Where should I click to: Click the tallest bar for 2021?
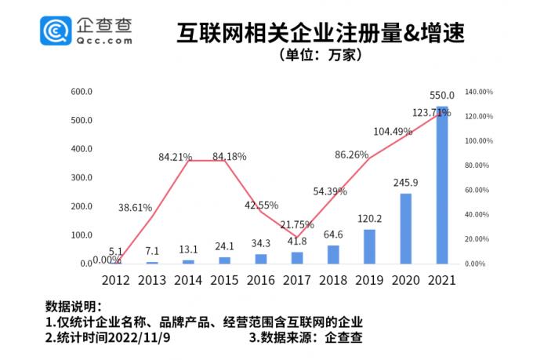(442, 185)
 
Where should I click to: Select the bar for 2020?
(405, 228)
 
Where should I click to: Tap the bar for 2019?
(369, 246)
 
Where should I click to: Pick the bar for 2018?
(333, 254)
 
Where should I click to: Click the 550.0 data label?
(442, 95)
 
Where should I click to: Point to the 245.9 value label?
(405, 183)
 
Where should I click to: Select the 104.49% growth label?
(393, 132)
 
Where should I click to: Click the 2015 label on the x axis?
(224, 280)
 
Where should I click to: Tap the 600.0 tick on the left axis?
(82, 92)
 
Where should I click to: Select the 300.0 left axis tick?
(82, 178)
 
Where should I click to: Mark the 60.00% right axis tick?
(477, 190)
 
